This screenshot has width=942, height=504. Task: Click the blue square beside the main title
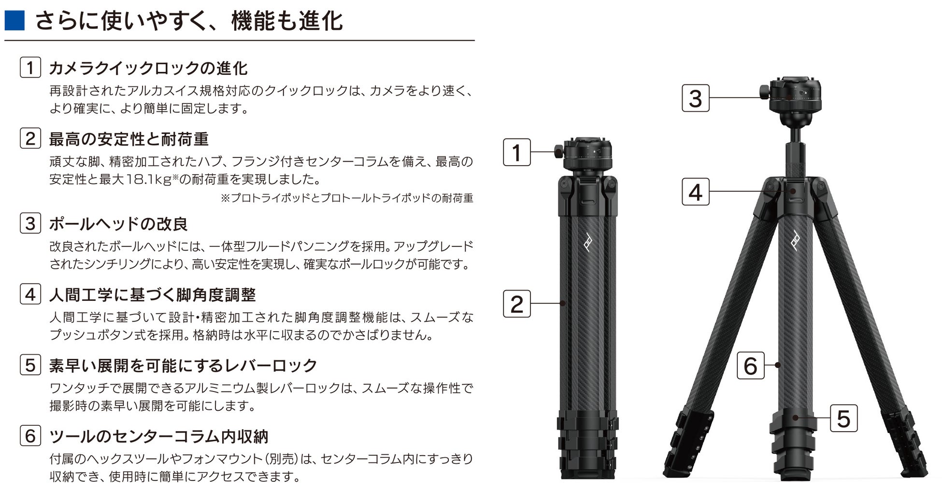click(14, 21)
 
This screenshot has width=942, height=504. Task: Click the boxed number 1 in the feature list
click(30, 68)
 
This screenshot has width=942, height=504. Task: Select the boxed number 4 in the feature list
click(30, 294)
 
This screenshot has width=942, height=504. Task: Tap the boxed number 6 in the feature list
click(30, 435)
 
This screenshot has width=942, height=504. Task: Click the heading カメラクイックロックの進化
click(148, 68)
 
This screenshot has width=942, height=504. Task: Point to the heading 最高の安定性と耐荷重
click(128, 139)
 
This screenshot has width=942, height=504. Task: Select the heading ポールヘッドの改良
click(118, 224)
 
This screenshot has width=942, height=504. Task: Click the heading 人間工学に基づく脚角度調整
click(152, 294)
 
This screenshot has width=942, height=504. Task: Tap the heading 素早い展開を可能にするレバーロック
click(183, 365)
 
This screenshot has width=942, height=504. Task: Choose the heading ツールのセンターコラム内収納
click(158, 436)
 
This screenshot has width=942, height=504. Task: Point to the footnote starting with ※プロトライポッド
click(347, 198)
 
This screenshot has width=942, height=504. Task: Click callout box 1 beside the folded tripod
click(517, 153)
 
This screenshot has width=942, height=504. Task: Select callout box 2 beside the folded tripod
click(517, 304)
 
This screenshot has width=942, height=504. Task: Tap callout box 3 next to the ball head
click(696, 98)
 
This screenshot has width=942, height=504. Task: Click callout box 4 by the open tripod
click(696, 192)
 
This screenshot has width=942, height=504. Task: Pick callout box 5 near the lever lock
click(843, 418)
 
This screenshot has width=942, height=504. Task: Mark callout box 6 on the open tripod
click(751, 365)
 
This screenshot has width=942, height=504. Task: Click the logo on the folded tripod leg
click(587, 241)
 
